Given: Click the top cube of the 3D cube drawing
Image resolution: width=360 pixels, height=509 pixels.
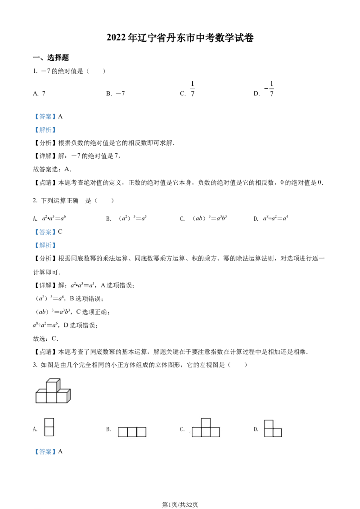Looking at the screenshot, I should pos(52,386).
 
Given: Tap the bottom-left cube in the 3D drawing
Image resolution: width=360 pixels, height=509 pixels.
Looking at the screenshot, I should pos(41,397).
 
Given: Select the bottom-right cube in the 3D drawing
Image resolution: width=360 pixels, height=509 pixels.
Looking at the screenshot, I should pos(62,397).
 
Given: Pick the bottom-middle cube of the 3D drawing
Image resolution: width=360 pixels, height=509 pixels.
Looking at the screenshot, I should pos(51,397).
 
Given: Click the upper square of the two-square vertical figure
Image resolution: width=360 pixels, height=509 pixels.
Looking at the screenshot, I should pos(50,423).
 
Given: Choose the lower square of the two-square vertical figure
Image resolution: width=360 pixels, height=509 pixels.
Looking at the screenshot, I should pos(50,431).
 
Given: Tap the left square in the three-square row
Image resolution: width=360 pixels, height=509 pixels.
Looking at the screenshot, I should pos(122,432).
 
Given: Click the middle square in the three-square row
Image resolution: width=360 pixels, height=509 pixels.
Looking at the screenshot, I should pos(132,432).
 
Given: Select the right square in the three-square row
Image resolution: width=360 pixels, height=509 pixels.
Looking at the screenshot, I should pos(141,432).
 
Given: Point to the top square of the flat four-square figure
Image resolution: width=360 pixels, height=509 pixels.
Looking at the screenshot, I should pos(206,423).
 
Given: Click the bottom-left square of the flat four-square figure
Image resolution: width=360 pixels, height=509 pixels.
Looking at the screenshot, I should pos(197,433).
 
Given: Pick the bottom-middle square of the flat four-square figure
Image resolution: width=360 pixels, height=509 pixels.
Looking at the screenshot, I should pos(206,433).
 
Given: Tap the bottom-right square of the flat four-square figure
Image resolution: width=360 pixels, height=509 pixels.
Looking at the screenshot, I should pos(215,433).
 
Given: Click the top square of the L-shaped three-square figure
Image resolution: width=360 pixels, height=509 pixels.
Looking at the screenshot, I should pos(269,424).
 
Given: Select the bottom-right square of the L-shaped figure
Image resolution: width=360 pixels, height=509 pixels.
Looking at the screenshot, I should pos(277,433).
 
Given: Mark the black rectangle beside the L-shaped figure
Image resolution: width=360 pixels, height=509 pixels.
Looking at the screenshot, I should pos(257,428).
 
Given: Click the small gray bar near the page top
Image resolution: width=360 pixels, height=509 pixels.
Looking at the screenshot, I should pos(193,88).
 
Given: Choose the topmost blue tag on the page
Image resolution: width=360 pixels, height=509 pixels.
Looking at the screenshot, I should pos(45,117).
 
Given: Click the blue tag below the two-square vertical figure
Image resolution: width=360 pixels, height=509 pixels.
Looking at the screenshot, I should pos(45,452).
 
